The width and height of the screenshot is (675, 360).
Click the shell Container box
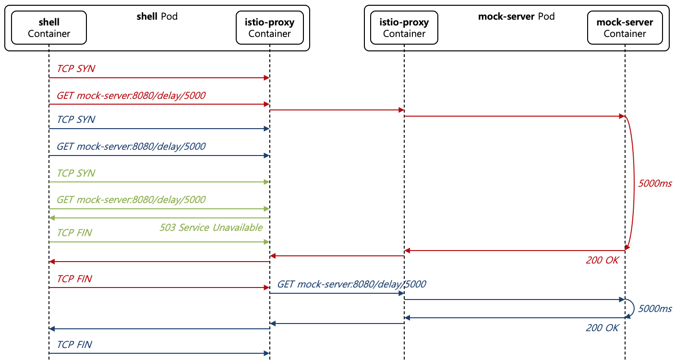pos(48,28)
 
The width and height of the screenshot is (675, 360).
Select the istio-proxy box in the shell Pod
pos(269,28)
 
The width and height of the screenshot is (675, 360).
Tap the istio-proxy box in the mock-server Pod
pos(404,28)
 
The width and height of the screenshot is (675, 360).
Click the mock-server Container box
pos(625,28)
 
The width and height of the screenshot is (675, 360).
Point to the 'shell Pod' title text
pos(157,16)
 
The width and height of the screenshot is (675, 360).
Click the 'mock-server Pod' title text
pos(516,16)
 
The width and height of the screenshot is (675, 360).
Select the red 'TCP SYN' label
pos(76,69)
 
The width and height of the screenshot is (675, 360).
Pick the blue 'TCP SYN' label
pos(76,120)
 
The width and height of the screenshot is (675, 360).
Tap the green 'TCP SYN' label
pos(76,173)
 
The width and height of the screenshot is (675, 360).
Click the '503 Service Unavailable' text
pos(211,227)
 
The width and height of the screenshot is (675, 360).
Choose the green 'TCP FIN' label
pos(74,233)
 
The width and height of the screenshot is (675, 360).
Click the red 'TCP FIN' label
pos(74,279)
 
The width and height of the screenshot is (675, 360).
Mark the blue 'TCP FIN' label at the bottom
pos(74,344)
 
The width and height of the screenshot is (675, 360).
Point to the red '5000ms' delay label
pos(655,183)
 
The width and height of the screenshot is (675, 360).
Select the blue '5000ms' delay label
pos(655,309)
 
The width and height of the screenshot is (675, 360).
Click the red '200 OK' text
pos(602,260)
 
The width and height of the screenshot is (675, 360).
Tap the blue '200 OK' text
pos(602,328)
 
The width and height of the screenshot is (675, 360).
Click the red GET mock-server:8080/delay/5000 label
pos(131,96)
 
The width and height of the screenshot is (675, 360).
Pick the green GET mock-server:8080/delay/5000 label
pos(131,200)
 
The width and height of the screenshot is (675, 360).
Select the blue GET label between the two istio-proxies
pos(351,284)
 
